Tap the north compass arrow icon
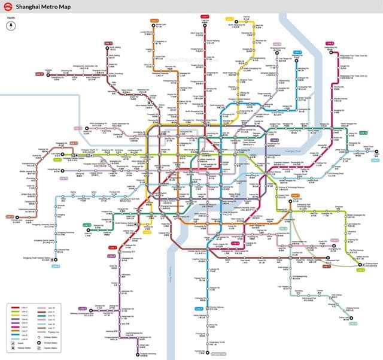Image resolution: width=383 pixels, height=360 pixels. pyautogui.click(x=11, y=25)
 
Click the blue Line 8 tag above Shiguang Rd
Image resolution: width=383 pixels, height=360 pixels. pyautogui.click(x=276, y=44)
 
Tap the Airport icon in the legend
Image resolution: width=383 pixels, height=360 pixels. pyautogui.click(x=14, y=342)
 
